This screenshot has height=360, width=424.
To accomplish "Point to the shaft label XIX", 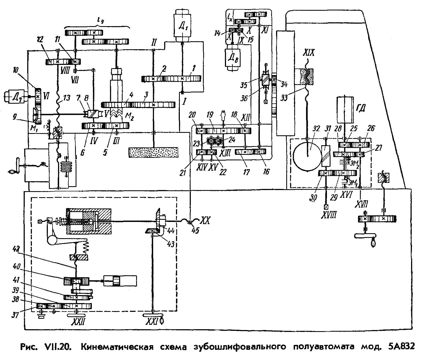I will tap(308, 53).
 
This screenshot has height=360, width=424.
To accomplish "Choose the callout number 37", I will tap(15, 315).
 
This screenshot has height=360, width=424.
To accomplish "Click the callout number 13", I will tap(66, 98).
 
